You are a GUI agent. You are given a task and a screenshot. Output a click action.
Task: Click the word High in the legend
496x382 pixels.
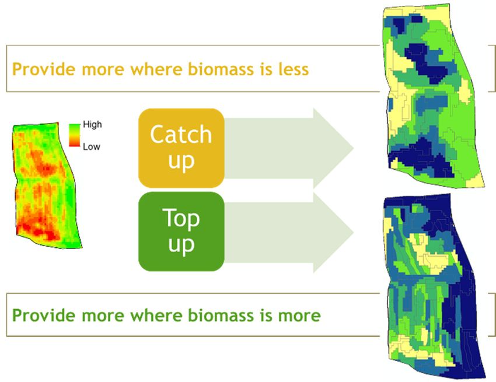click(x=92, y=125)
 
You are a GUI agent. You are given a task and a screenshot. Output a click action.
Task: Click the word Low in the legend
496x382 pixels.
click(x=92, y=147)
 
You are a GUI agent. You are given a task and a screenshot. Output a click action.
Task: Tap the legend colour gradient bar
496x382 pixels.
click(x=74, y=135)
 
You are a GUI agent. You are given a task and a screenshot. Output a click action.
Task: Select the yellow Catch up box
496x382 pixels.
click(x=181, y=148)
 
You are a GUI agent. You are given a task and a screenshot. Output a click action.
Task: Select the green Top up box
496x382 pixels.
click(x=181, y=232)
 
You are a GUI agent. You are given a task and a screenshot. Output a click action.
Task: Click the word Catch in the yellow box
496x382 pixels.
click(x=181, y=135)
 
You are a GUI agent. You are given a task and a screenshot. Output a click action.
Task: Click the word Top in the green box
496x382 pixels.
click(x=181, y=218)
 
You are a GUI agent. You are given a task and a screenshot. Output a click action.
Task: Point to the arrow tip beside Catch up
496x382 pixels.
click(x=354, y=148)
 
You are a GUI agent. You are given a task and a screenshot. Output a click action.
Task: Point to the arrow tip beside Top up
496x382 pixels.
click(x=354, y=232)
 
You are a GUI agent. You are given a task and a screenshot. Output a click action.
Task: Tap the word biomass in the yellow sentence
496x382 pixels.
click(x=221, y=69)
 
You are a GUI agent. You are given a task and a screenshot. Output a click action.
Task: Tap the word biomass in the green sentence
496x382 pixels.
click(x=221, y=316)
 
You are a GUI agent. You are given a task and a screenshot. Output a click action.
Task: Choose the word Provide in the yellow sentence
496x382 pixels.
click(x=44, y=69)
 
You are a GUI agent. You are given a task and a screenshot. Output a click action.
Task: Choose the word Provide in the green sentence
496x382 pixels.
click(x=44, y=316)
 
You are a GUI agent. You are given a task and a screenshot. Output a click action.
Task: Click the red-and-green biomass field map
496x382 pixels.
click(x=46, y=185)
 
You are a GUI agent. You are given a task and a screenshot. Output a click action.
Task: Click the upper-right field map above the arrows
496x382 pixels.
click(x=434, y=96)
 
